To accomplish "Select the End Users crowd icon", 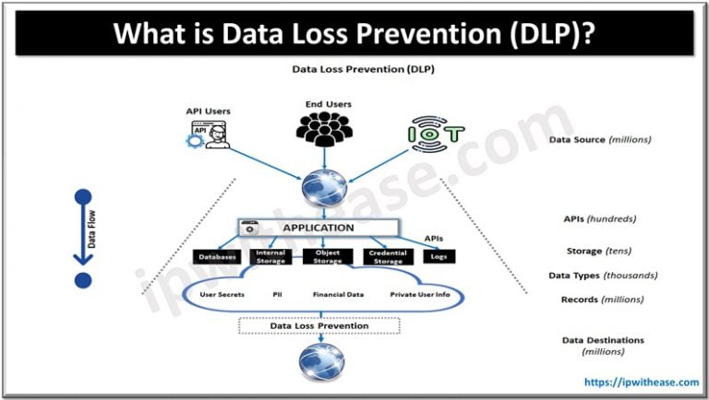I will (x=328, y=130).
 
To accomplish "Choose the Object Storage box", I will (x=328, y=256).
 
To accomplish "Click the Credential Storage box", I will (x=388, y=256).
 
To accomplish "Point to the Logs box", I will (x=439, y=257).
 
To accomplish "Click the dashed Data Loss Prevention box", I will (x=319, y=325).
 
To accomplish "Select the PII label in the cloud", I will (x=277, y=296).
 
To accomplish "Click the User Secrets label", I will (x=220, y=296).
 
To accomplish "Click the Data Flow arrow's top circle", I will (x=83, y=196).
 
